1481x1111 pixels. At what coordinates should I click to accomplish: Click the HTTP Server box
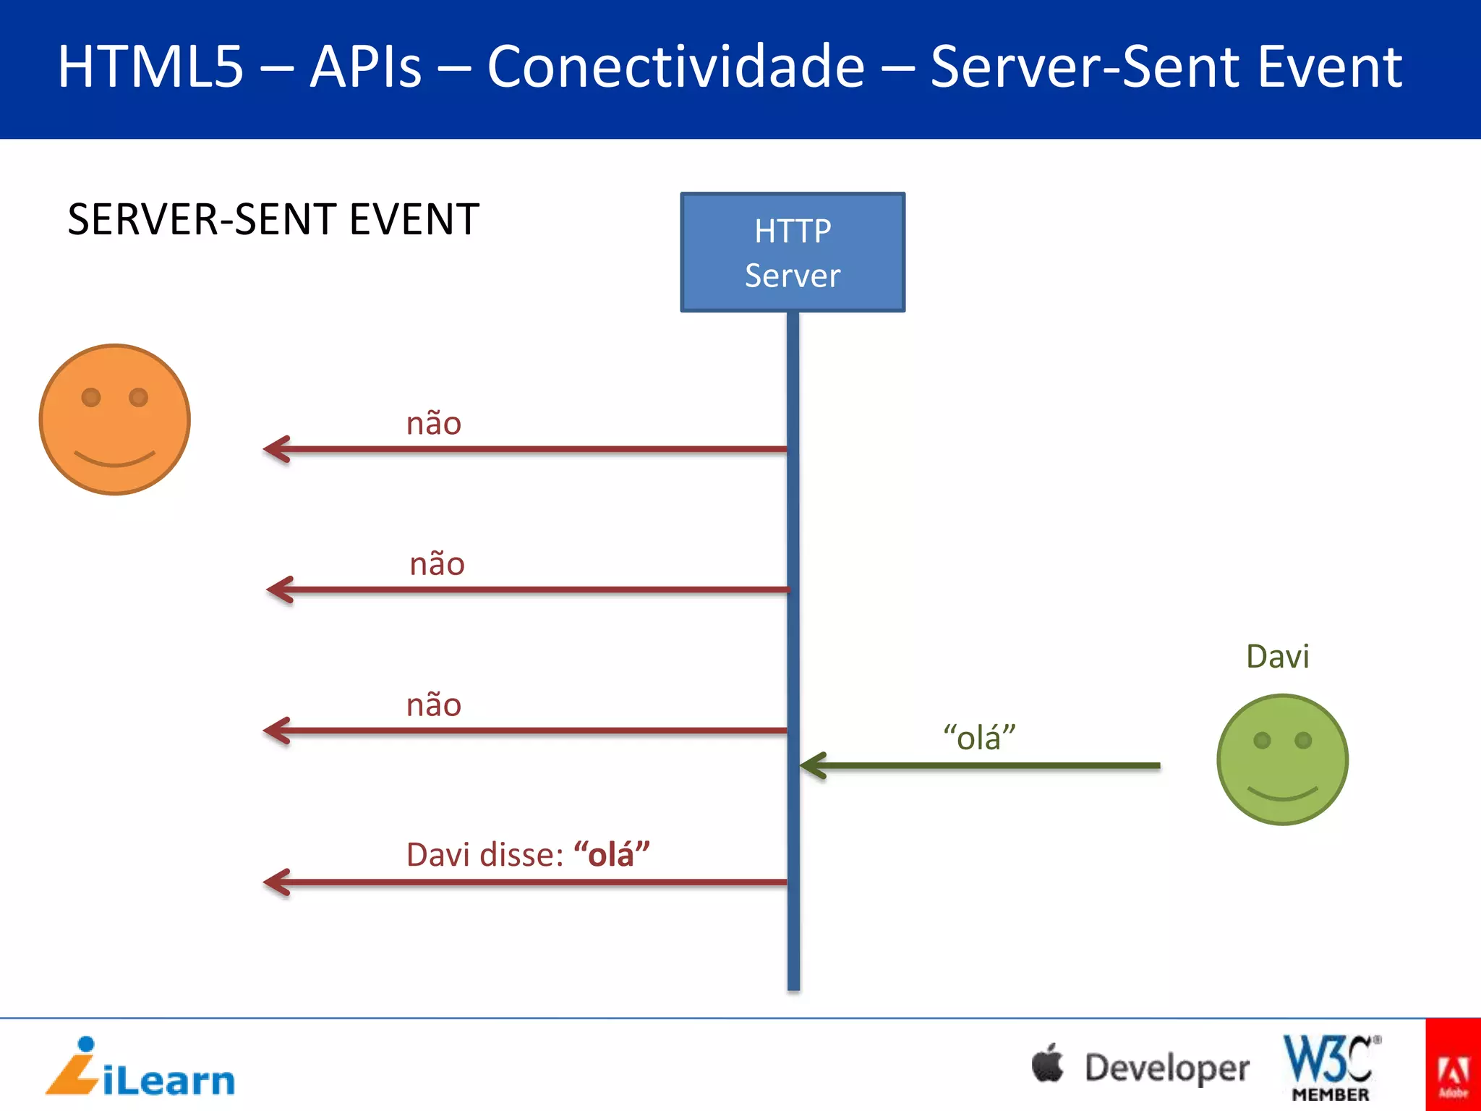(793, 252)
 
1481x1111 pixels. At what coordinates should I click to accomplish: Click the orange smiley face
(115, 420)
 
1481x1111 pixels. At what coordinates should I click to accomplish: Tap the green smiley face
(1282, 759)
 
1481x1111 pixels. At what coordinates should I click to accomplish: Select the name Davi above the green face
(1277, 657)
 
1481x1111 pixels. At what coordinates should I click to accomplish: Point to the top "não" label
(434, 424)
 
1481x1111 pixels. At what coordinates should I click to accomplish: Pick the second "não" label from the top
(437, 564)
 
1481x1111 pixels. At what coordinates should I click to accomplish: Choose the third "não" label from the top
(434, 705)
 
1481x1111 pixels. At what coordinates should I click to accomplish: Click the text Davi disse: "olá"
(528, 855)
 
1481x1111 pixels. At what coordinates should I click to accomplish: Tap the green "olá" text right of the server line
(979, 738)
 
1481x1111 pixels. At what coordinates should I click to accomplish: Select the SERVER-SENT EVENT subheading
(273, 219)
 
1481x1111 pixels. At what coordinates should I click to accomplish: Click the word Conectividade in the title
(675, 67)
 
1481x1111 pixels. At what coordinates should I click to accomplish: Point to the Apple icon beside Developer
(1048, 1063)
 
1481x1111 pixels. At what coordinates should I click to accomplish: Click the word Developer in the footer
(1166, 1068)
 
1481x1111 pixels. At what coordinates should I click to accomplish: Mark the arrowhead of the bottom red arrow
(276, 882)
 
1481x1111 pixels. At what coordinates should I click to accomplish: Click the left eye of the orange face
(91, 397)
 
